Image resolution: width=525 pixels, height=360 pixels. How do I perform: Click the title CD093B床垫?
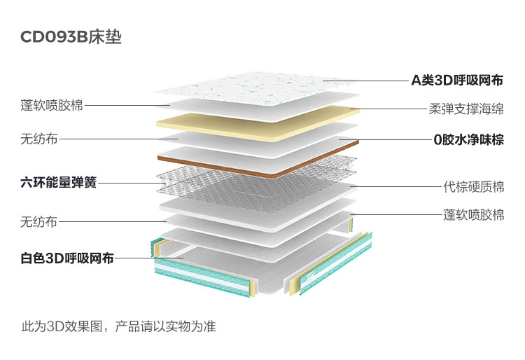click(x=71, y=36)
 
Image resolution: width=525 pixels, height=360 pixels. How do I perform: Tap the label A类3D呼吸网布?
click(x=456, y=80)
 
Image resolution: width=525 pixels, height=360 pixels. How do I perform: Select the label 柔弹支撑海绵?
click(x=465, y=109)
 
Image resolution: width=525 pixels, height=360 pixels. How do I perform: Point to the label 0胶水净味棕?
click(x=468, y=139)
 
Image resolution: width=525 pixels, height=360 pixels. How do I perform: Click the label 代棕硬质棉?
click(x=473, y=187)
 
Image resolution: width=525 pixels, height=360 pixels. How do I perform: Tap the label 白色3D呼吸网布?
click(x=67, y=258)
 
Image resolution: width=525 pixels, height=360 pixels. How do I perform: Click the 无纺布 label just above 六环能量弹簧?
click(x=40, y=139)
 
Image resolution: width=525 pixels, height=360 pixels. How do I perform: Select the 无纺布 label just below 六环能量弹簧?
click(x=40, y=222)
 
